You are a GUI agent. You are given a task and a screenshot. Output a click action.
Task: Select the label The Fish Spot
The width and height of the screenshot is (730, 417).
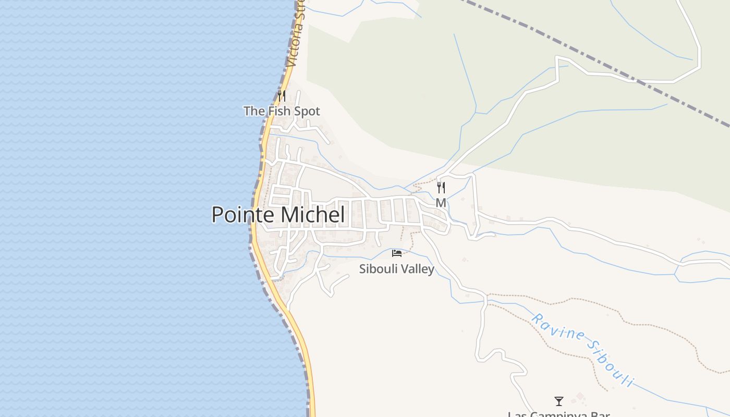[282, 111]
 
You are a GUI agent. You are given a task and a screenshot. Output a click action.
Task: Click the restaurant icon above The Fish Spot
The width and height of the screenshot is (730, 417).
[282, 96]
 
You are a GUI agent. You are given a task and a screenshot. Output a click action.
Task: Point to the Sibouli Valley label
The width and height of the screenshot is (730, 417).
[397, 269]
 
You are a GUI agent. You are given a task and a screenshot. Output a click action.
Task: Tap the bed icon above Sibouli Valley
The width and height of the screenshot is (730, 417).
[397, 253]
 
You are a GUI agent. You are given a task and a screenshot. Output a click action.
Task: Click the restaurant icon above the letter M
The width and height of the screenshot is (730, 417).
[441, 188]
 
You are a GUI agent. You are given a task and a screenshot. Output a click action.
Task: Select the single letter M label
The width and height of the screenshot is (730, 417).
[441, 203]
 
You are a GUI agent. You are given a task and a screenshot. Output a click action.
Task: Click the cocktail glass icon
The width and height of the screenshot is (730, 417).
[559, 401]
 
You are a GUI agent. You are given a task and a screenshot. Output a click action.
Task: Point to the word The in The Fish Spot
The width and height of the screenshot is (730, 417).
[254, 111]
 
